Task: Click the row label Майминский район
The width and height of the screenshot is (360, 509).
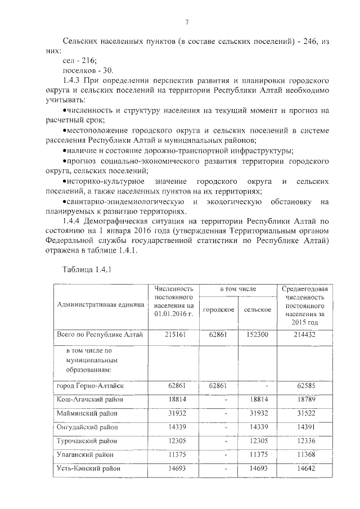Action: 87,413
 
